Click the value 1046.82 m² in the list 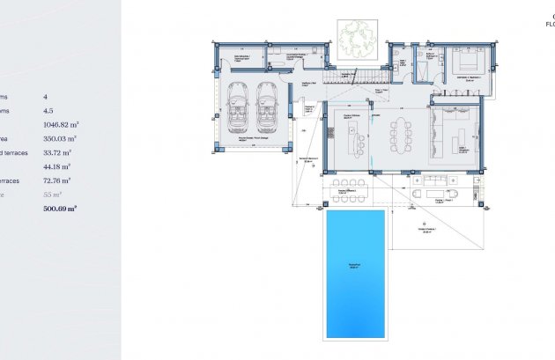[60, 125]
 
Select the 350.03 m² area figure [60, 138]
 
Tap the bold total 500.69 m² [60, 209]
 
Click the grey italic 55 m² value [54, 195]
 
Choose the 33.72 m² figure [58, 152]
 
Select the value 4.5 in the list [49, 111]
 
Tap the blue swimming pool [356, 273]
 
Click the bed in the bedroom [463, 64]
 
